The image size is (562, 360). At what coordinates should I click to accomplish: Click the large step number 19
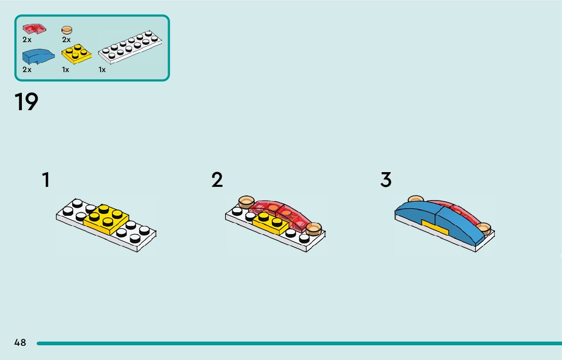[x=26, y=102]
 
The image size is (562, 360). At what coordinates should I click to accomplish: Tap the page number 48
[x=20, y=343]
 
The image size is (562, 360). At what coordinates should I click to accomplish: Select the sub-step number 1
[x=46, y=180]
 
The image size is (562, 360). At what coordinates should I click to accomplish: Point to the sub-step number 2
[x=217, y=180]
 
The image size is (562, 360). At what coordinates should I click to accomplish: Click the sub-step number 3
[x=386, y=180]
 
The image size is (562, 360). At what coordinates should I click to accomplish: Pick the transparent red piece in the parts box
[x=34, y=28]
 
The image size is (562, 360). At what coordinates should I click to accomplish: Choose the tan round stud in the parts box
[x=67, y=30]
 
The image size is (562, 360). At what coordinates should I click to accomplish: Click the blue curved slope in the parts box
[x=38, y=55]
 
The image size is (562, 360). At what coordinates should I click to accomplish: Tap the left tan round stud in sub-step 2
[x=246, y=203]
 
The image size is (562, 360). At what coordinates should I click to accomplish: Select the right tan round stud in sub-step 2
[x=314, y=228]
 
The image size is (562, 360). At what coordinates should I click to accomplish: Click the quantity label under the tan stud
[x=66, y=40]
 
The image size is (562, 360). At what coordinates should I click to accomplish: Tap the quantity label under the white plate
[x=102, y=70]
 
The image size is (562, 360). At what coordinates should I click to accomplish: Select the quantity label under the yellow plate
[x=66, y=70]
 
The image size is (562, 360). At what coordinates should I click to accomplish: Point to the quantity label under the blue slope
[x=27, y=70]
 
